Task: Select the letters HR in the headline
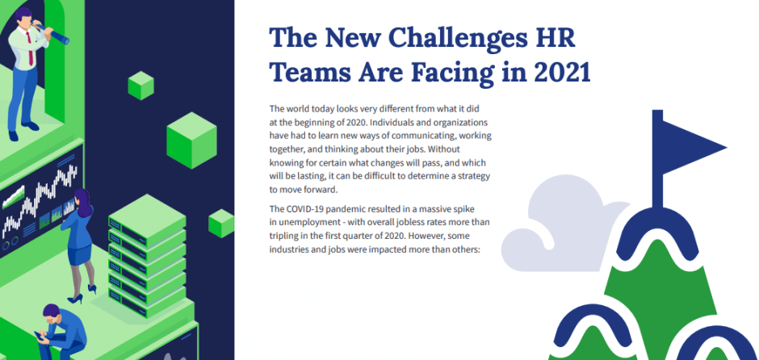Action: pyautogui.click(x=559, y=37)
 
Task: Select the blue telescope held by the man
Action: pyautogui.click(x=51, y=32)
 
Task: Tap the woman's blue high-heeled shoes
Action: pyautogui.click(x=82, y=295)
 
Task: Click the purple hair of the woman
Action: pyautogui.click(x=83, y=203)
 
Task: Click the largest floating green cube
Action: pyautogui.click(x=191, y=140)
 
